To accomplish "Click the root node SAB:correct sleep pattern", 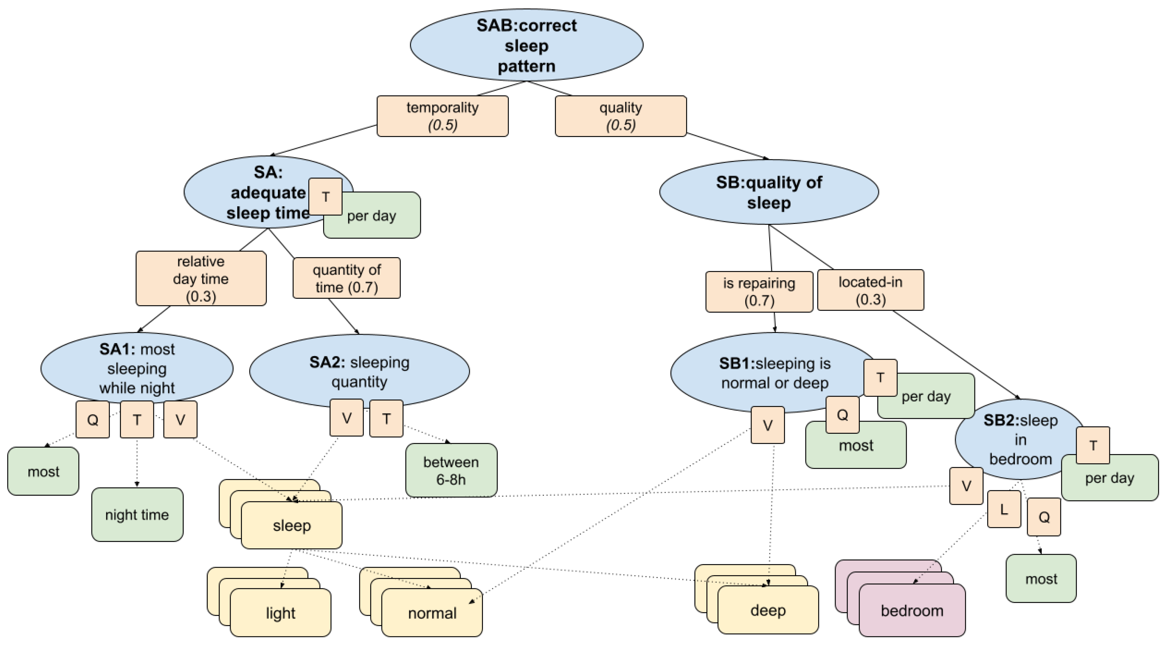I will click(x=526, y=45).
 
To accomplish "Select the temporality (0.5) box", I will click(x=442, y=116).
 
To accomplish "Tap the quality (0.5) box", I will click(x=620, y=116).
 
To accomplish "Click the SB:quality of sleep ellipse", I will click(x=769, y=192).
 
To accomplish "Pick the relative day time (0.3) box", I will click(x=201, y=278).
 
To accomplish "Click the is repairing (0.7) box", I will click(x=759, y=292).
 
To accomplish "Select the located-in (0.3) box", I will click(x=870, y=290).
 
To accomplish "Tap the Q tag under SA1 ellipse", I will click(x=93, y=420).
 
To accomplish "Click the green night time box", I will click(x=137, y=515).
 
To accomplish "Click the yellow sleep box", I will click(x=291, y=526).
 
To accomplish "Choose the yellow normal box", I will click(x=432, y=613).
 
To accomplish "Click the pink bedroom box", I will click(x=912, y=611).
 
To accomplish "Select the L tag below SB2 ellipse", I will click(x=1004, y=510).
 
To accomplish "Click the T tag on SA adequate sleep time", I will click(x=325, y=197).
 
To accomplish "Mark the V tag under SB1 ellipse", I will click(x=767, y=426).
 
